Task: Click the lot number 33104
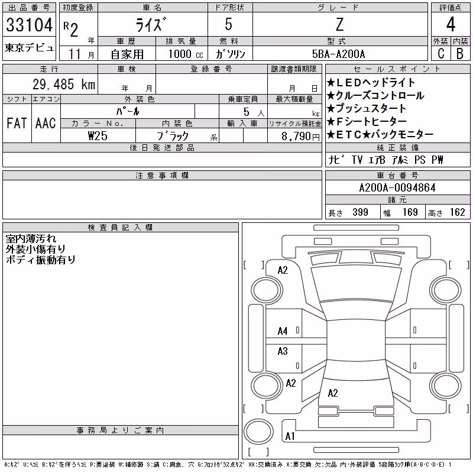(x=29, y=25)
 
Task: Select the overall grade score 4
(x=451, y=24)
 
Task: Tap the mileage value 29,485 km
(x=64, y=84)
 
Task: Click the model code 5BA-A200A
(x=338, y=54)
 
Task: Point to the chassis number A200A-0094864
(x=397, y=188)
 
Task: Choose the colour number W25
(x=98, y=136)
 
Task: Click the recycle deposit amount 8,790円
(x=300, y=137)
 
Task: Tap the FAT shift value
(x=17, y=123)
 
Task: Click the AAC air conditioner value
(x=46, y=123)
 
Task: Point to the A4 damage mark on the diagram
(x=283, y=331)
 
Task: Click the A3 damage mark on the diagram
(x=283, y=351)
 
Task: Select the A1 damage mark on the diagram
(x=290, y=436)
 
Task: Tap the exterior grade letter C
(x=440, y=54)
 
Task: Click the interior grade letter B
(x=460, y=54)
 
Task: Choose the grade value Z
(x=339, y=24)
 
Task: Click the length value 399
(x=360, y=212)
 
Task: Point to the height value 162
(x=457, y=212)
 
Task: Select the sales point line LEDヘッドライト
(x=371, y=82)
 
